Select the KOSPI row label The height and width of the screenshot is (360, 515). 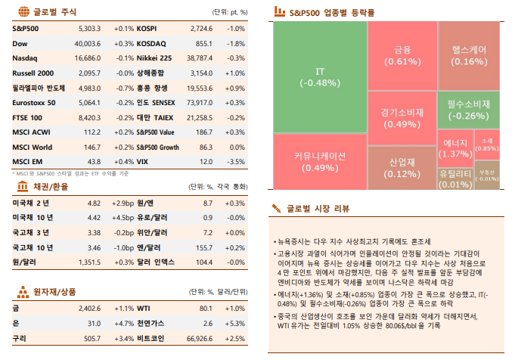(x=147, y=28)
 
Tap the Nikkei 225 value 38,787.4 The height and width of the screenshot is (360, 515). (x=198, y=57)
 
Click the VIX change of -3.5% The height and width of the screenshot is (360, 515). (x=236, y=161)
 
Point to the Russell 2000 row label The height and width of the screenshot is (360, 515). (x=33, y=73)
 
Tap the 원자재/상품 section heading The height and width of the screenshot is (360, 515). (x=55, y=291)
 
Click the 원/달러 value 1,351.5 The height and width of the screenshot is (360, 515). (x=89, y=262)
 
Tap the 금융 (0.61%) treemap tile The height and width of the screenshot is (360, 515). (x=402, y=56)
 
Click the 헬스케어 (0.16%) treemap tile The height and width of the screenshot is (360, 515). (x=469, y=55)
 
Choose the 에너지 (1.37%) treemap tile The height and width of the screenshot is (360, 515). (x=455, y=147)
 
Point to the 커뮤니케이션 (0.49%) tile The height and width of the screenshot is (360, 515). (x=319, y=161)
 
